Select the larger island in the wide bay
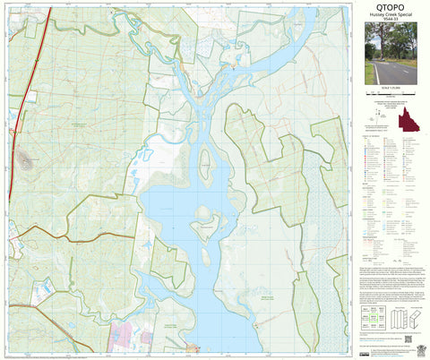[x=204, y=221]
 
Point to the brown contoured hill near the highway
[x=24, y=162]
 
